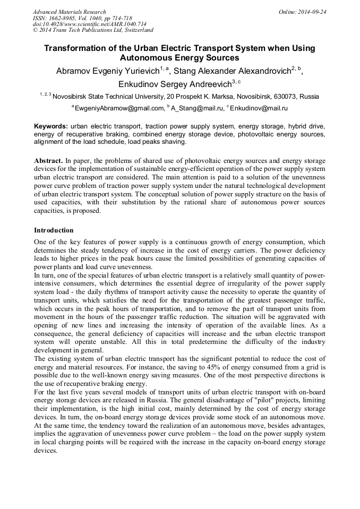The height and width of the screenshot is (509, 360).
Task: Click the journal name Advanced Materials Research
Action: coord(69,12)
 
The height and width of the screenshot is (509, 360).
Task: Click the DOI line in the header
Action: coord(76,24)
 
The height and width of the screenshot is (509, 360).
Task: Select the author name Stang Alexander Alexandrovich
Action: coord(239,71)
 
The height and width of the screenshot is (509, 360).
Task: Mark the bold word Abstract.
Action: coord(48,160)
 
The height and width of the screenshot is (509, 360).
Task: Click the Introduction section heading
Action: coord(54,230)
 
